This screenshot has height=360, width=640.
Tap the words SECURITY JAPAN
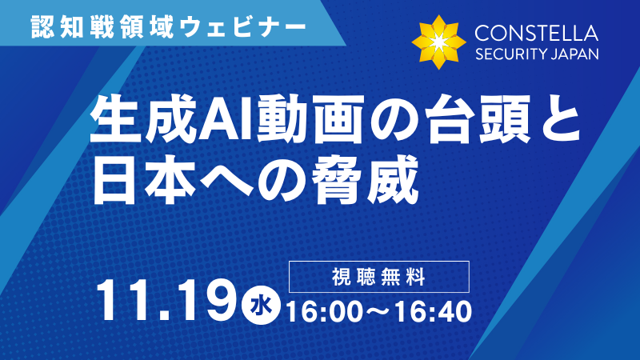pos(536,55)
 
